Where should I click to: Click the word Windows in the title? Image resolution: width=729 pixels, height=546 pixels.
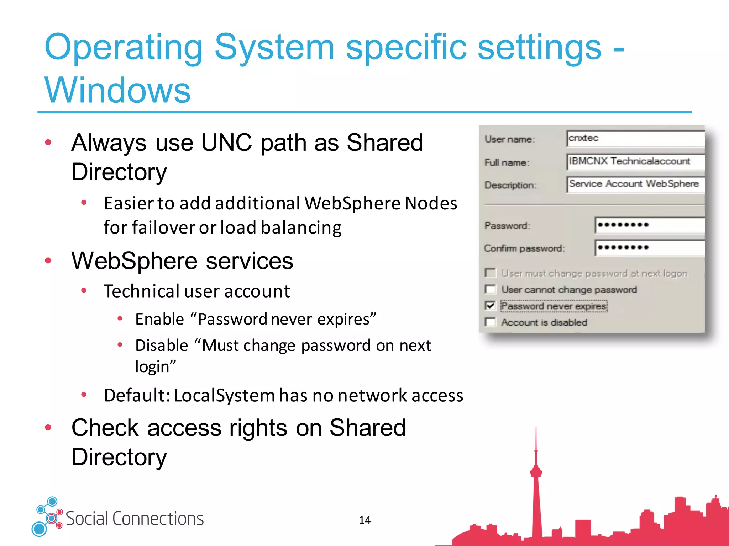pos(117,91)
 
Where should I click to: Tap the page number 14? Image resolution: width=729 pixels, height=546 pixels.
pos(364,520)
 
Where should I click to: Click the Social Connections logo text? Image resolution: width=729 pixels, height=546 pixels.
pos(135,519)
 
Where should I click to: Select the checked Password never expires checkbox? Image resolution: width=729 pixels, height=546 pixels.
pos(490,306)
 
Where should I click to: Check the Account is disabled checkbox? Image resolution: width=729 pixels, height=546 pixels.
pos(490,322)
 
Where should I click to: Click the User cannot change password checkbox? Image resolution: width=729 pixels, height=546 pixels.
pos(490,289)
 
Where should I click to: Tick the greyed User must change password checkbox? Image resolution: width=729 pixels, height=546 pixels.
pos(490,273)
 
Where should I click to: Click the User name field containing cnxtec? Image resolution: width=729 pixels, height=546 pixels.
pos(635,139)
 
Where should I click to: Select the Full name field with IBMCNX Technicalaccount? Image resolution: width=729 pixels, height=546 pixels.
pos(635,162)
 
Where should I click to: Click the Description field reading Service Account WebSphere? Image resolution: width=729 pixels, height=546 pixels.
pos(635,184)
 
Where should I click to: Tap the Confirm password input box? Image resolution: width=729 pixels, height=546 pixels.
pos(649,248)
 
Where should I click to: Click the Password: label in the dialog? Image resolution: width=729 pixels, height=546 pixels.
pos(507,226)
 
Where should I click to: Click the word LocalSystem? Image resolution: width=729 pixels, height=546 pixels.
pos(224,395)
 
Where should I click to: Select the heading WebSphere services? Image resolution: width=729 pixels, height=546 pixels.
pos(182,261)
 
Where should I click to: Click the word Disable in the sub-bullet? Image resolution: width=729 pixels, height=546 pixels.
pos(162,346)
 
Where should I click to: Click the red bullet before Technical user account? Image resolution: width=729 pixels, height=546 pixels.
pos(84,290)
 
